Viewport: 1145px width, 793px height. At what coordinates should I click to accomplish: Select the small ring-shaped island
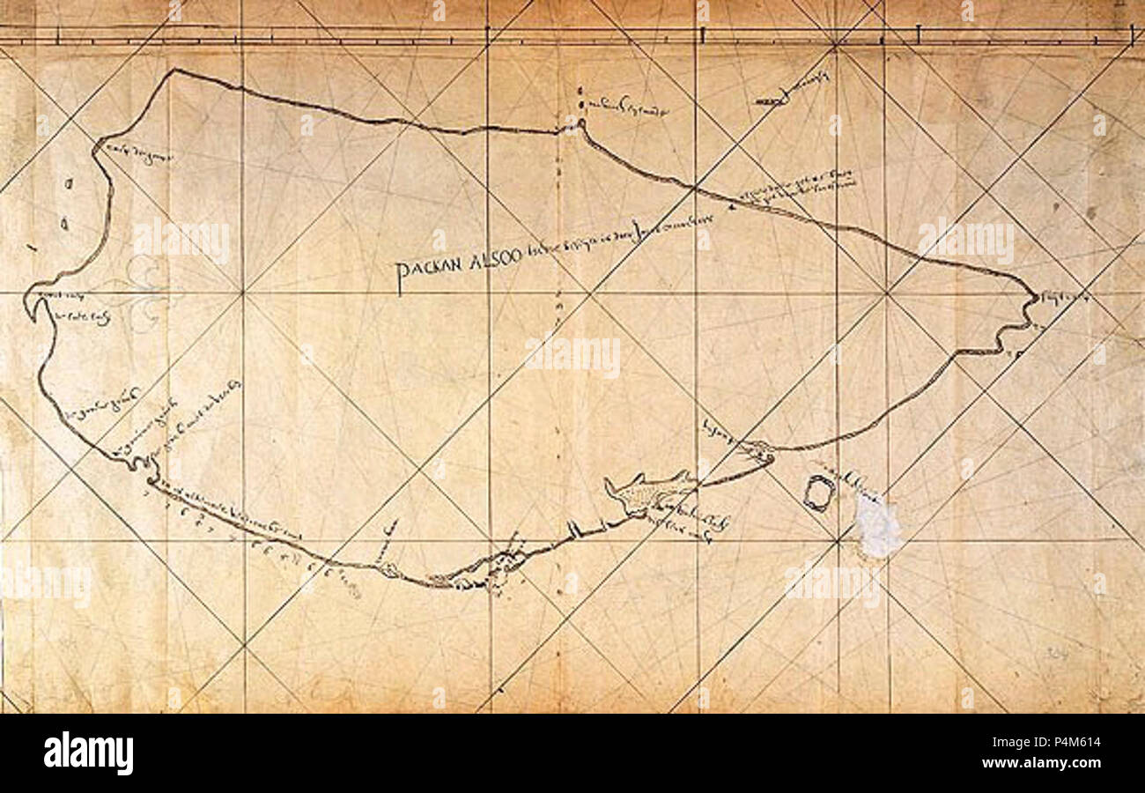[817, 493]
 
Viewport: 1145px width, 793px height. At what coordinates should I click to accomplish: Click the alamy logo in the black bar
[89, 753]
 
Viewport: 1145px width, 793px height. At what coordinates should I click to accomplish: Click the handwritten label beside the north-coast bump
[627, 109]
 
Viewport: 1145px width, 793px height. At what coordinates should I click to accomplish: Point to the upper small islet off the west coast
[69, 184]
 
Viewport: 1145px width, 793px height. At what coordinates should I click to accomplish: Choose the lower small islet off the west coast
[64, 224]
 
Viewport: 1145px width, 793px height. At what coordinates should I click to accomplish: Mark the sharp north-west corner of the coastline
[174, 71]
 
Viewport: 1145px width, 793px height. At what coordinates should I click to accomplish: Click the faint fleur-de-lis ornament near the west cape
[141, 291]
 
